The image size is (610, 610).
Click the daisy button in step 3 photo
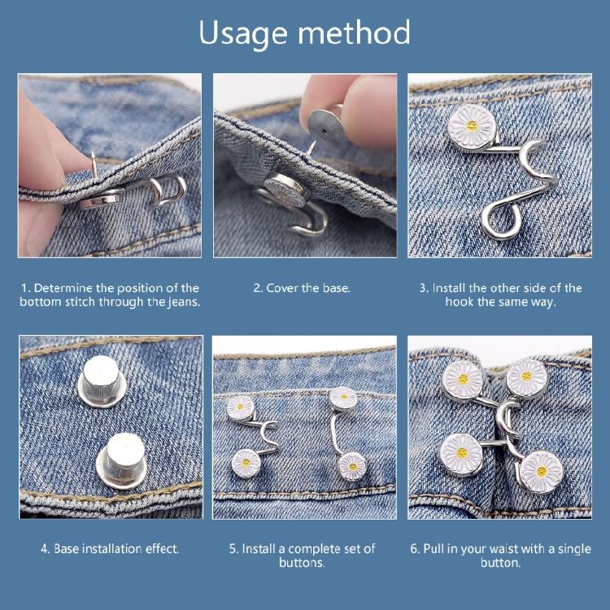pos(471,124)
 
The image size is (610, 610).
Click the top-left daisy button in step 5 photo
pos(241,407)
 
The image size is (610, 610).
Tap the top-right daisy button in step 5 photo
pos(343,399)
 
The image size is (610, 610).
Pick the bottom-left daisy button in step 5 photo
pos(246,463)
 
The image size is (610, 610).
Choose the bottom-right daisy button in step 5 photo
pos(351,466)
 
